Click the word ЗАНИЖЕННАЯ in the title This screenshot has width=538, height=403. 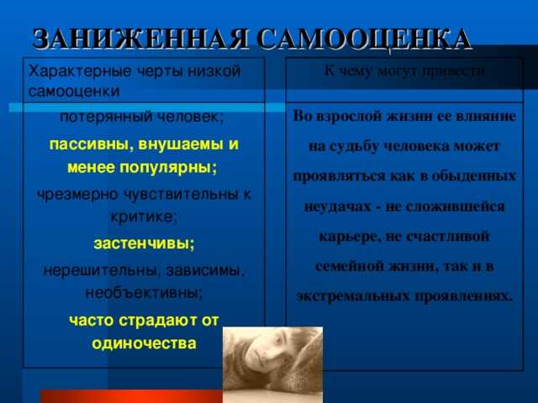click(x=140, y=39)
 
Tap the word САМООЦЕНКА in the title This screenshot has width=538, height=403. click(x=363, y=39)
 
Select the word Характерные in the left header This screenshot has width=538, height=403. click(x=80, y=71)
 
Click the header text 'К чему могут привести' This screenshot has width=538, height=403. click(x=404, y=71)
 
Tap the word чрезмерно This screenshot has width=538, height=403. click(x=77, y=195)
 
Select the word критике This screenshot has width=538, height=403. click(x=144, y=217)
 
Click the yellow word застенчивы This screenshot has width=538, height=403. click(x=144, y=243)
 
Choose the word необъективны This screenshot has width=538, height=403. click(x=144, y=293)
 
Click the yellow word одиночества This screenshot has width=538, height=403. click(x=144, y=343)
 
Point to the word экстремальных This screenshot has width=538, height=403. click(x=353, y=296)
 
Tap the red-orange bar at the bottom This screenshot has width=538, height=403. click(x=131, y=396)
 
